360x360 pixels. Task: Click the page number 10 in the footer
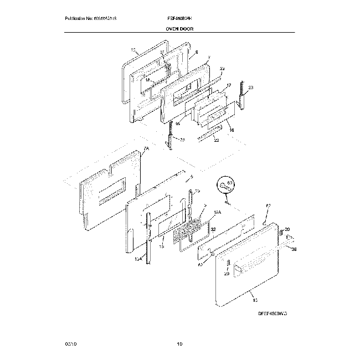pos(179,344)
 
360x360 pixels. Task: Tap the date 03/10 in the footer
pos(70,344)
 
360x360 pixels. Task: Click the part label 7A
pos(146,150)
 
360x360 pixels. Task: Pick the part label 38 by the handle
pos(294,250)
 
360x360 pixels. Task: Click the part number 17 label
pos(228,86)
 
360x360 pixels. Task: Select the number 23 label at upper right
pos(250,88)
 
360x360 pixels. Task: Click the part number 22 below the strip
pos(217,141)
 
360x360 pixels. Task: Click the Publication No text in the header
pos(90,18)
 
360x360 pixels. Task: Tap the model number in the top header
pos(179,18)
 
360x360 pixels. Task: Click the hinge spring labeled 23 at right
pos(241,94)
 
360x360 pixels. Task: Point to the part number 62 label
pos(269,207)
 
